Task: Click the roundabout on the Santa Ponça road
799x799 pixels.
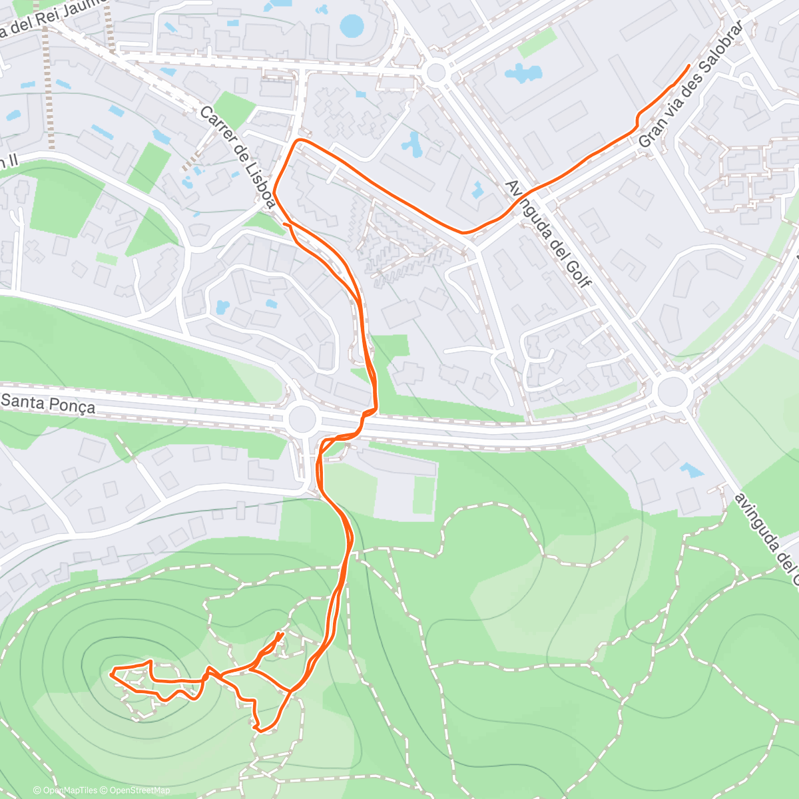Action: click(x=302, y=419)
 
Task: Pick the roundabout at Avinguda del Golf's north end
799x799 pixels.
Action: click(x=436, y=72)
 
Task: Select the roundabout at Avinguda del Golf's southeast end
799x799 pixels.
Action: click(x=672, y=391)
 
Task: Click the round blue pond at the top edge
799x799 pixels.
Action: click(x=352, y=25)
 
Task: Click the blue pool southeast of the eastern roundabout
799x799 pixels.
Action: click(x=691, y=470)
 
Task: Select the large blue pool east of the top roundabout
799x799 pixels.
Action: click(x=523, y=73)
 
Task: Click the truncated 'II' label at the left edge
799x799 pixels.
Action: click(x=8, y=162)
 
